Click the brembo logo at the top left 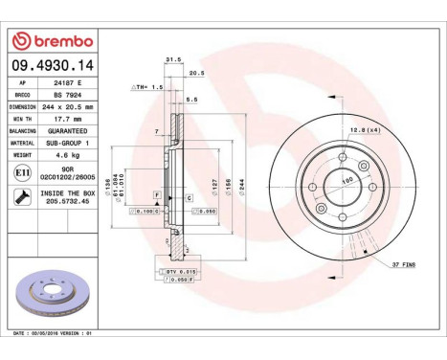point(54,40)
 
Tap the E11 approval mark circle point(22,173)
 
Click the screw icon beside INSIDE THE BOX point(22,196)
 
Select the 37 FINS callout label point(403,263)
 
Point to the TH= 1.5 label point(140,86)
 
